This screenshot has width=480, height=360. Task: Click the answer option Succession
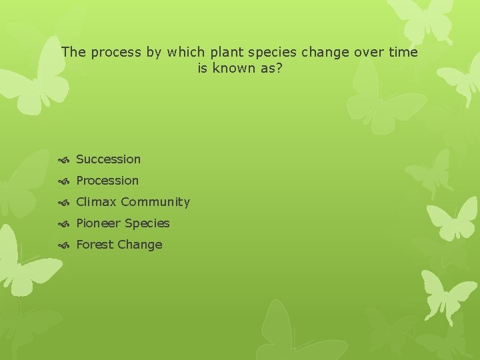pos(108,159)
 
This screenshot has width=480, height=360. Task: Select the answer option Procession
pos(107,181)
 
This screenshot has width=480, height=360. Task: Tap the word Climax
pos(96,202)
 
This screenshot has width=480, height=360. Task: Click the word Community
pos(155,202)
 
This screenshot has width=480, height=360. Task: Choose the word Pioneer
pos(99,223)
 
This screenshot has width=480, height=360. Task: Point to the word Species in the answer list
pos(147,223)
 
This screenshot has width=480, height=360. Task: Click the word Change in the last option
pos(140,245)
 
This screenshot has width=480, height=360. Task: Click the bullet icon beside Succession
pos(64,160)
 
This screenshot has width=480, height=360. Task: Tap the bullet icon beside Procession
pos(64,181)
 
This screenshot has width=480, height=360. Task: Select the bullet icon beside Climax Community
pos(64,203)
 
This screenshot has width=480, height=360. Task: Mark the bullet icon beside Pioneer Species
pos(64,224)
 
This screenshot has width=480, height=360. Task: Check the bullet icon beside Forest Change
pos(64,245)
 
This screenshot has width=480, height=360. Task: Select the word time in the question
pos(403,52)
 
